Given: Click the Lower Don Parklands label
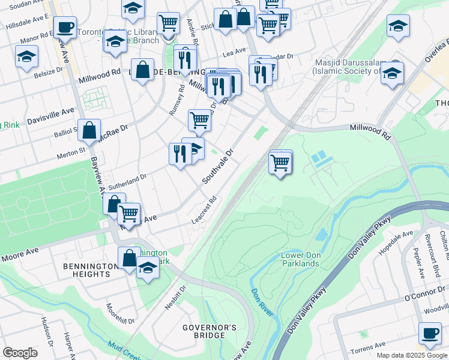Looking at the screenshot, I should coord(300,259).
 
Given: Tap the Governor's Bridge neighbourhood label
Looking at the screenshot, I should coord(209,332).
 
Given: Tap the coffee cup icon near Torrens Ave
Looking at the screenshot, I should coord(429,334).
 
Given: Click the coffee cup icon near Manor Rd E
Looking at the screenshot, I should coord(64,26).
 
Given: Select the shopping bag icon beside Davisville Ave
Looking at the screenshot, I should coord(89,130).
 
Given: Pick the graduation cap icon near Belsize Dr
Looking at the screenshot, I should coord(26,57).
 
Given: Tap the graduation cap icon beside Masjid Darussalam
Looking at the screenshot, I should coord(393,73).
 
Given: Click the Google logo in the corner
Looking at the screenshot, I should coord(20,353).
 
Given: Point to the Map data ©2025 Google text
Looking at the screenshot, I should coord(411,355).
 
